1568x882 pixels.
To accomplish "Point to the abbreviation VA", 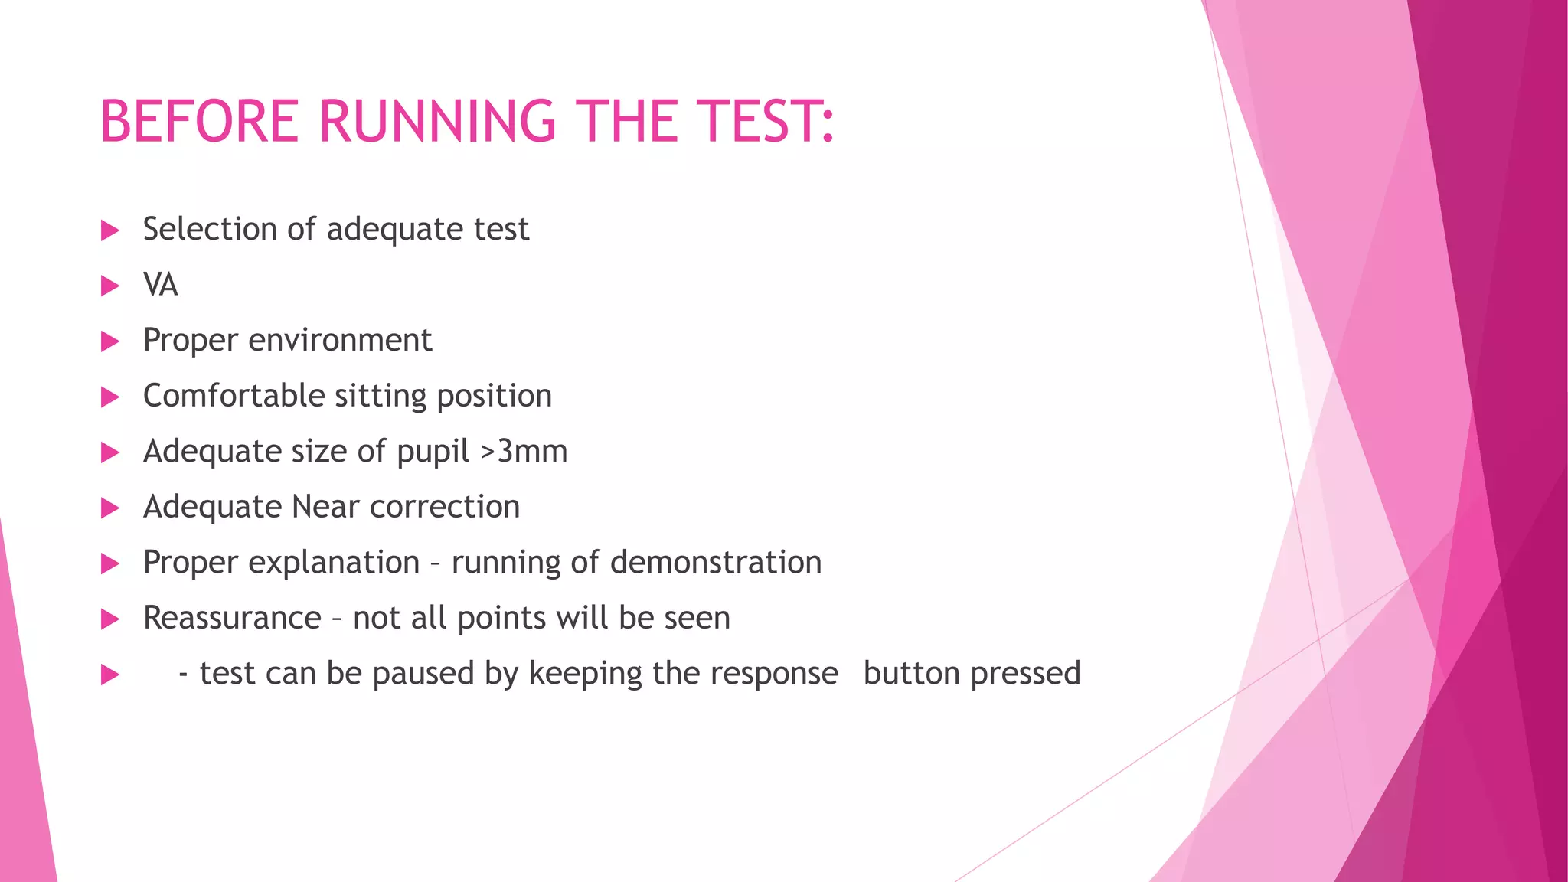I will [160, 285].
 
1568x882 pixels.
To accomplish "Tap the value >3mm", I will [524, 451].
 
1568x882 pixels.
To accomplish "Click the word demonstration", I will [716, 563].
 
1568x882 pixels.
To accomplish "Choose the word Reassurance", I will [232, 618].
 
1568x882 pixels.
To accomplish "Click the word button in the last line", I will [911, 674].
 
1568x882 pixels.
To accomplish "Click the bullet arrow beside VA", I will [110, 286].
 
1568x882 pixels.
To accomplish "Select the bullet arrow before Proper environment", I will [110, 341].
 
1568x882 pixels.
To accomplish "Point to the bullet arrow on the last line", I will [110, 675].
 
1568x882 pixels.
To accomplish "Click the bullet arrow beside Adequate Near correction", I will [110, 508].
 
